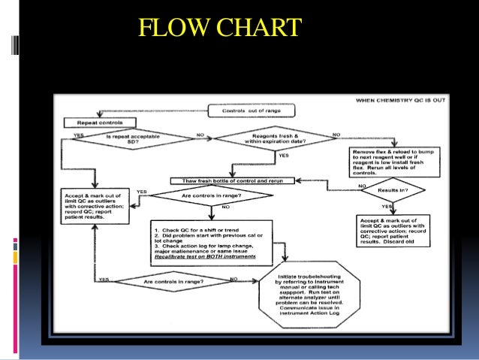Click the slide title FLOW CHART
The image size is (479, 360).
(x=221, y=29)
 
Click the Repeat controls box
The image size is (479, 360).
(x=101, y=122)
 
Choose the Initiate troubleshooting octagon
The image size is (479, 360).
(x=302, y=301)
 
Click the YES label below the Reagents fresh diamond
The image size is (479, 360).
(x=283, y=155)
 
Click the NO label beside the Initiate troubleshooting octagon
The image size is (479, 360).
(x=233, y=280)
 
